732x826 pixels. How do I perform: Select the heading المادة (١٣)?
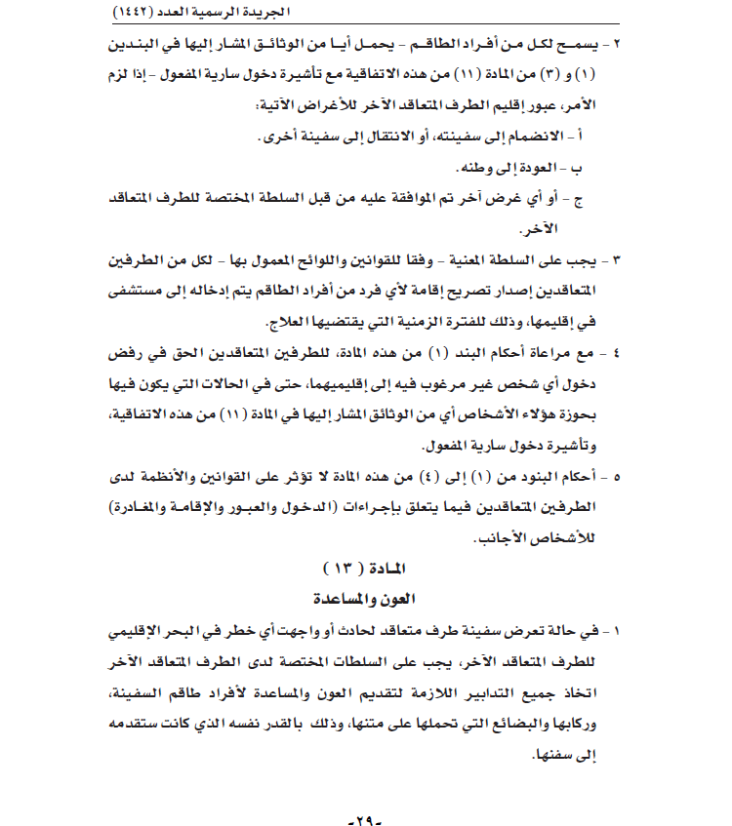[x=366, y=568]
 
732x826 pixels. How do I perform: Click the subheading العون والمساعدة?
[x=366, y=596]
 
